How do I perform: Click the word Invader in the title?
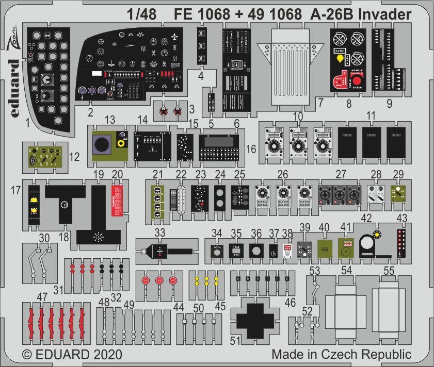[x=383, y=14]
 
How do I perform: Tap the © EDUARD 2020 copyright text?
[x=72, y=355]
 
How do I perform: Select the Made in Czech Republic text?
[x=342, y=355]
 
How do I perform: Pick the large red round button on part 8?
[x=356, y=81]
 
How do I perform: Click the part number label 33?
[x=159, y=232]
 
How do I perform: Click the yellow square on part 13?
[x=123, y=144]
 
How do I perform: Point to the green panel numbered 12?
[x=45, y=156]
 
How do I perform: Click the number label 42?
[x=366, y=219]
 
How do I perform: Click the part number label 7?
[x=320, y=103]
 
